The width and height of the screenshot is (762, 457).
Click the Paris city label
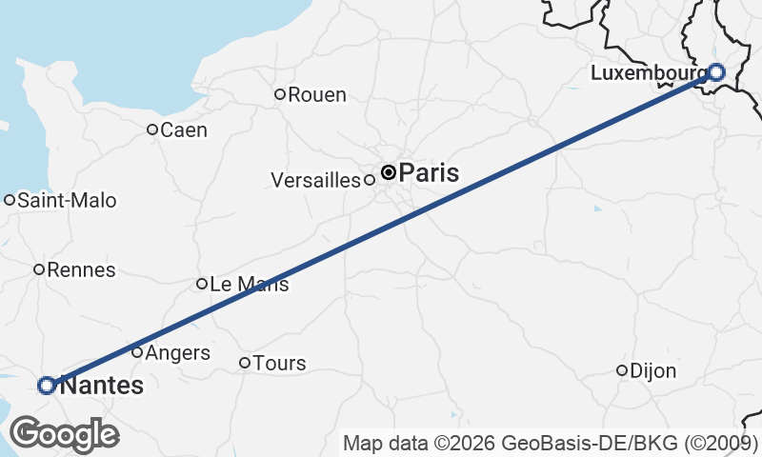pos(429,173)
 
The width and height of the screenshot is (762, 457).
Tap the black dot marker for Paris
pos(389,172)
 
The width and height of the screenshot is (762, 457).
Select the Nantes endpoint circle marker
pos(46,386)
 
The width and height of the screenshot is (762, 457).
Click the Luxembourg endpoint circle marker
pos(716,71)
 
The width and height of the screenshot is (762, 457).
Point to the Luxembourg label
pos(649,72)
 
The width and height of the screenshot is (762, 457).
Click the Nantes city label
pos(102,386)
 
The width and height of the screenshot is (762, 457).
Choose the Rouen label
pos(317,94)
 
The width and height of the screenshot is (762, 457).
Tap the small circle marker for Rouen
pos(280,94)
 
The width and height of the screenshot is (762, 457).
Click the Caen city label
pos(185,129)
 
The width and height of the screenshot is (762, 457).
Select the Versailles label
pos(316,180)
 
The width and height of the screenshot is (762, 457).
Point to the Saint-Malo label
pos(67,200)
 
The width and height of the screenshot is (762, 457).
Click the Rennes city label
pos(81,269)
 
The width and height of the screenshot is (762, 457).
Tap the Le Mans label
pos(249,284)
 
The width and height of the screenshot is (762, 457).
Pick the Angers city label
pos(177,353)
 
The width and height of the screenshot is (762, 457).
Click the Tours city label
pos(280,363)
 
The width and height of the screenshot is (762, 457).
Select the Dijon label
pos(653,371)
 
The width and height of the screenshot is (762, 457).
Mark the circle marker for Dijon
pos(622,370)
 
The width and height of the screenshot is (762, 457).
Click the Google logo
pos(65,434)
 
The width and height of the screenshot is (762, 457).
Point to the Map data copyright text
pos(550,443)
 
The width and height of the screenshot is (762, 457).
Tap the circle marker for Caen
pos(152,129)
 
